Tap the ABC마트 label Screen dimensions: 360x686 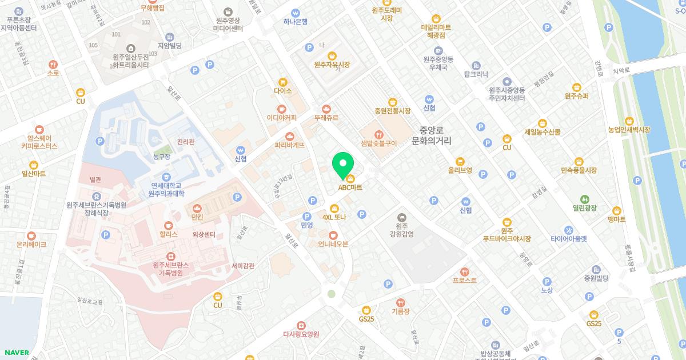point(350,187)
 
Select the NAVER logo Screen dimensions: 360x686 point(15,353)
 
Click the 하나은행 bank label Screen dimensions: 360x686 point(296,22)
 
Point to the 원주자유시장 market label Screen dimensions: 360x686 point(332,65)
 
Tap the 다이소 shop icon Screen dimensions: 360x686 point(282,82)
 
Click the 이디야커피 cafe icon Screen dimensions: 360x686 point(281,109)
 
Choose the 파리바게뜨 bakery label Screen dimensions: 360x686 point(290,145)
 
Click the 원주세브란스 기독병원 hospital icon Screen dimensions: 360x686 point(170,257)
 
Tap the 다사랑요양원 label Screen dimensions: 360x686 point(301,334)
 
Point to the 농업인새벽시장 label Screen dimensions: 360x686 point(629,130)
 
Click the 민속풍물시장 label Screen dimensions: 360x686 point(579,170)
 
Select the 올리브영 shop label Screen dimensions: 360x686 point(460,170)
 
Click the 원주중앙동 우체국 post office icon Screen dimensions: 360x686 point(438,51)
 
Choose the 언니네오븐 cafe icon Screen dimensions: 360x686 point(333,235)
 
